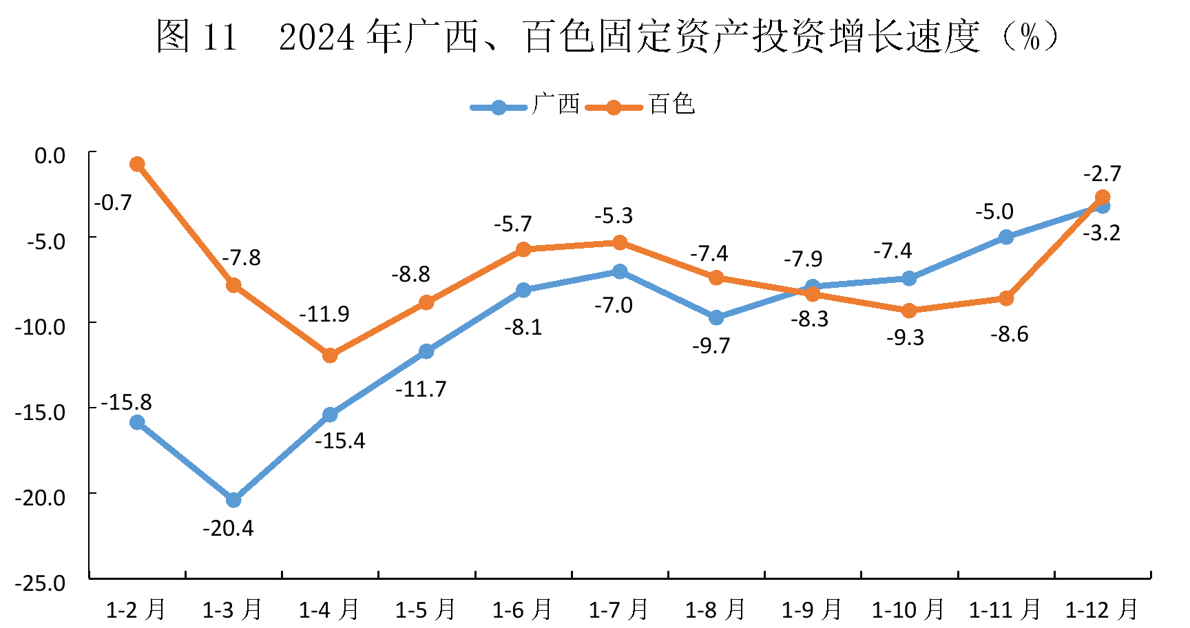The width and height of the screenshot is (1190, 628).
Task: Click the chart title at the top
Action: [606, 36]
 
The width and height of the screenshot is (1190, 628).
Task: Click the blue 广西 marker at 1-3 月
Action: [233, 499]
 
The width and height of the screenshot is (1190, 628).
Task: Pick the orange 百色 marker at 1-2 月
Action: [137, 164]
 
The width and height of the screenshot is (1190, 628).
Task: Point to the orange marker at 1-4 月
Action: [330, 355]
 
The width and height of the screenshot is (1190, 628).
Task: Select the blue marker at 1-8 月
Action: [716, 317]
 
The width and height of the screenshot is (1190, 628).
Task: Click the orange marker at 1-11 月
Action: [1006, 298]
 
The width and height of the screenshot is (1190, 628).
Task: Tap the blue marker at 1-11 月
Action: [1006, 237]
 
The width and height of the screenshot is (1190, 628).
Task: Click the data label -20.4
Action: [228, 528]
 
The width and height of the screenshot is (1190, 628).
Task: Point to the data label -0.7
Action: [113, 202]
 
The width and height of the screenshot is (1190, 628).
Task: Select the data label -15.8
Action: [126, 402]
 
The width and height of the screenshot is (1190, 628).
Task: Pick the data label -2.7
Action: [1102, 173]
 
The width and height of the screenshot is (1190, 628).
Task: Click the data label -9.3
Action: [905, 337]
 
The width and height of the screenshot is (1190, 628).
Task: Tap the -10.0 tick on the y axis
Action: [40, 326]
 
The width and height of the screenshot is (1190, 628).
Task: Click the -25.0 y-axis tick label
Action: [40, 583]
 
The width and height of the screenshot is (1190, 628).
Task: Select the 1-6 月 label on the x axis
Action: [522, 609]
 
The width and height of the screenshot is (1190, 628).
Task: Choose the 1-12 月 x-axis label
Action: [1101, 609]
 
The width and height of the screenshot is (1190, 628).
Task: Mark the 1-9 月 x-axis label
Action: [811, 609]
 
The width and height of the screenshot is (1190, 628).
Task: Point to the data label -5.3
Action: [614, 216]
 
